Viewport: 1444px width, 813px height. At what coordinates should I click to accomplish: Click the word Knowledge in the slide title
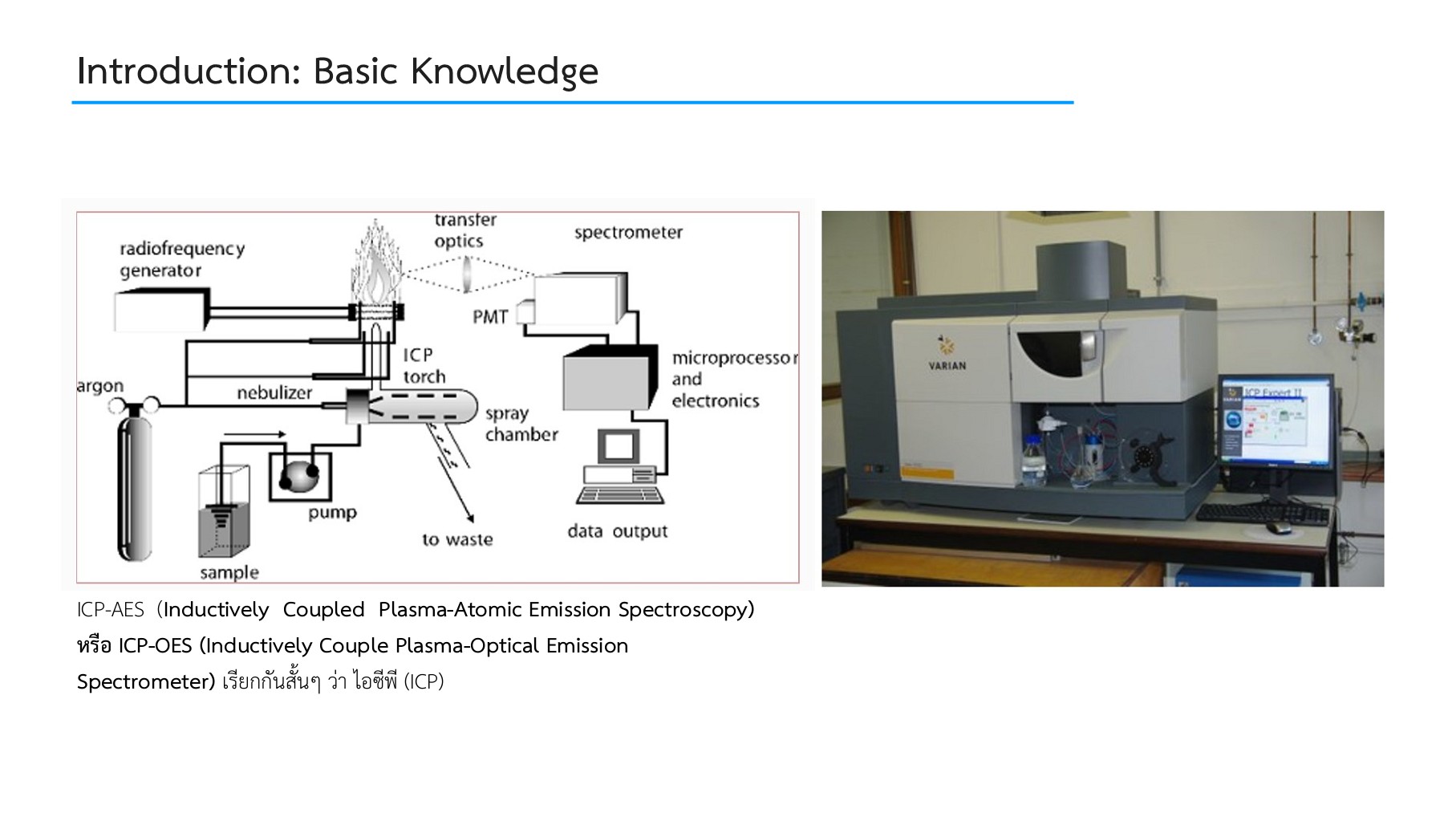[504, 71]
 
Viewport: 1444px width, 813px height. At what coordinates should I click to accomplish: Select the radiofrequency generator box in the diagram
[160, 311]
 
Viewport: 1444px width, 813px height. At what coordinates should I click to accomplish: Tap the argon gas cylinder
[134, 486]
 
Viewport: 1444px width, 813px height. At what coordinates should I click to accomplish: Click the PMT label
[489, 317]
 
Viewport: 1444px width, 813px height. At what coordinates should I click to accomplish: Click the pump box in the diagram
[299, 477]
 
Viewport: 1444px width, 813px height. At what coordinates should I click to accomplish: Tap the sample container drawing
[224, 514]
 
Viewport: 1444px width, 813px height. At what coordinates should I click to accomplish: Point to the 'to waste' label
[457, 539]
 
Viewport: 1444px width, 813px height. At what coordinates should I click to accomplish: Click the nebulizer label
[274, 392]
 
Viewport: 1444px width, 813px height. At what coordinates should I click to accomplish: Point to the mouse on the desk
[1278, 527]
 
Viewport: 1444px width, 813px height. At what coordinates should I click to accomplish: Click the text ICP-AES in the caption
[111, 610]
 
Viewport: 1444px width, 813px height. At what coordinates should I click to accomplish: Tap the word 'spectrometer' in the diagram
[628, 233]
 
